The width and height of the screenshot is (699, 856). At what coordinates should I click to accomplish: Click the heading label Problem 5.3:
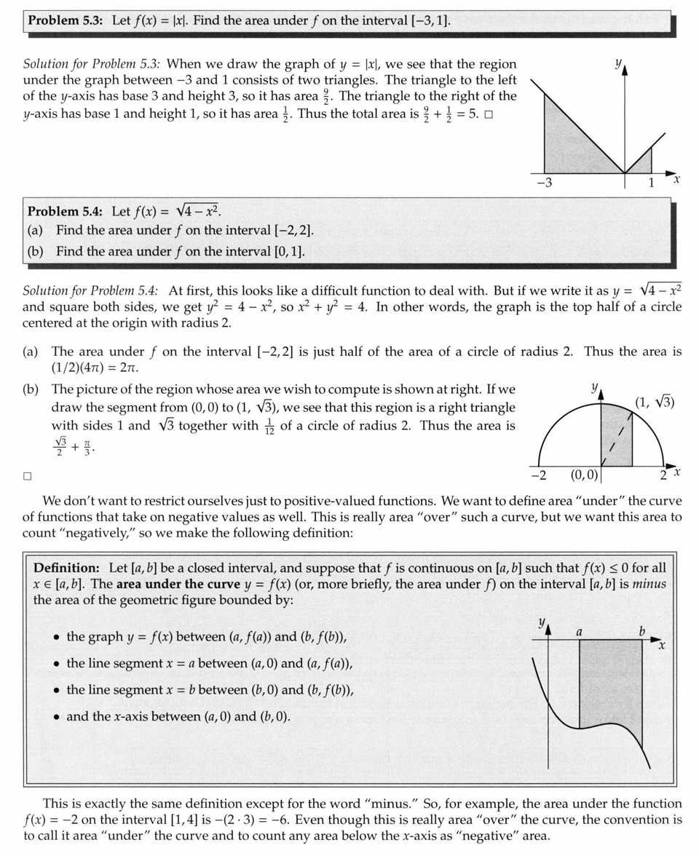(66, 20)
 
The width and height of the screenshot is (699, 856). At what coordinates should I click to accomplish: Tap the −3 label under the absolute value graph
(544, 183)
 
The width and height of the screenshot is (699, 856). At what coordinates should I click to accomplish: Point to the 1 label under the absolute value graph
(651, 183)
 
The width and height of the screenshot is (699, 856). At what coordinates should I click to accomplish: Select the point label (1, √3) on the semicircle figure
(655, 402)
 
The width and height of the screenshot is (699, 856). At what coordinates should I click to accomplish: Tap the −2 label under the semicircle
(539, 475)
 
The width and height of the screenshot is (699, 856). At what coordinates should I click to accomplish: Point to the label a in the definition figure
(579, 631)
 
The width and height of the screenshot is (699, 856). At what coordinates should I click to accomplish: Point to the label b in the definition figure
(641, 631)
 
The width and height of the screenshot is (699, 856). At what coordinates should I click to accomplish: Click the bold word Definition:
(66, 567)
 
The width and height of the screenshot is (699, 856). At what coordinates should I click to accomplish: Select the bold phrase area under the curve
(178, 584)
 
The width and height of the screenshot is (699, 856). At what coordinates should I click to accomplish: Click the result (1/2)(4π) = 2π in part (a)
(95, 368)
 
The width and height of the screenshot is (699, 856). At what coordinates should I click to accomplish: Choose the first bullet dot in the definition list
(56, 638)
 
